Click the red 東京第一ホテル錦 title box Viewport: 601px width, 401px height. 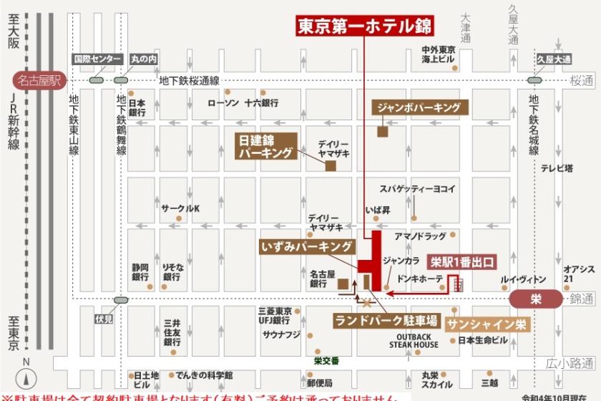364,27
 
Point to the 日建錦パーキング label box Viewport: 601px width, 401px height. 266,145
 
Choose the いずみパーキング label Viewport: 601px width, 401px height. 307,247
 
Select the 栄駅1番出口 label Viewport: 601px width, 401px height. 461,262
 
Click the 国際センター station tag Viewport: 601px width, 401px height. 96,59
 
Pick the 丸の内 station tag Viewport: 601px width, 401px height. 144,59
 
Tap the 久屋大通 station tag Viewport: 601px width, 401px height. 554,59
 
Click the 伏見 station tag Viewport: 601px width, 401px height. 104,319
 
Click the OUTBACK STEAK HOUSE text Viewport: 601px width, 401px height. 414,340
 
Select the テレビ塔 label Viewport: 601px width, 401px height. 556,169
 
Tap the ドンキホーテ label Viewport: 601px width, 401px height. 419,278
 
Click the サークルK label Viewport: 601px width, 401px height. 180,208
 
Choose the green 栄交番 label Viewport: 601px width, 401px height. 326,360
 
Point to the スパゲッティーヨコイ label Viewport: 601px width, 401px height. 417,189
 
